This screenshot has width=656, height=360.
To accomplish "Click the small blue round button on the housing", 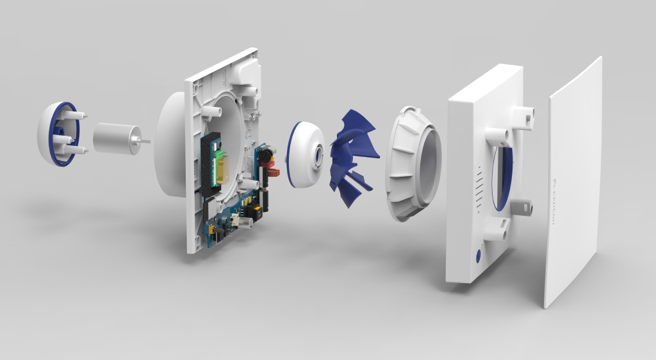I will coord(477,258).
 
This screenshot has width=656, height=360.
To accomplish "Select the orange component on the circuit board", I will coord(271,172).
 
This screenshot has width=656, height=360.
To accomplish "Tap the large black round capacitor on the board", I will coord(262,158).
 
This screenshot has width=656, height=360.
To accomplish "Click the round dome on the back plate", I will coord(170,144).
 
